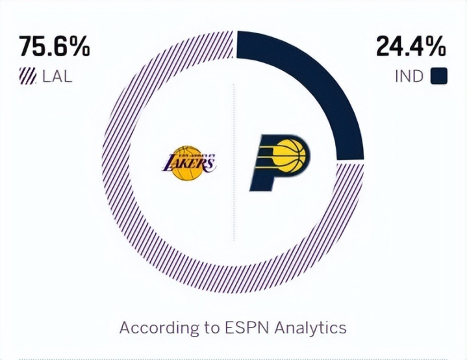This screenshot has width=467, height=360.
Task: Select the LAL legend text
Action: (x=57, y=77)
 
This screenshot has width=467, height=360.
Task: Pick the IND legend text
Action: (x=409, y=77)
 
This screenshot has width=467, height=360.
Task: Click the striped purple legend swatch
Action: (x=27, y=77)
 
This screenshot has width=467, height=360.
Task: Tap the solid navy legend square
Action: (x=439, y=77)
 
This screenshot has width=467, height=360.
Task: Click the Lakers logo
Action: (x=188, y=162)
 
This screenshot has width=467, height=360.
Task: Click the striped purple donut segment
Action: (x=130, y=214)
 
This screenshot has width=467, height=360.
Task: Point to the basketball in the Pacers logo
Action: (x=290, y=157)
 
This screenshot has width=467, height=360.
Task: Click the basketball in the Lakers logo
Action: (x=189, y=170)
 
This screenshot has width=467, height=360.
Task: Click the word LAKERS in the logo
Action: (x=188, y=162)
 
